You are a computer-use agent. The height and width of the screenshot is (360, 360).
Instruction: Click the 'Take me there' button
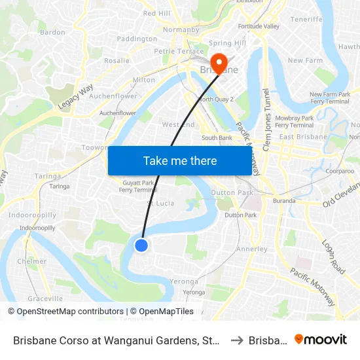click(180, 161)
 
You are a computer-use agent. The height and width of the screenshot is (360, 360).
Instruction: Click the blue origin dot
click(141, 245)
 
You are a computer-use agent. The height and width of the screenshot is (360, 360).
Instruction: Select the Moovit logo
click(321, 339)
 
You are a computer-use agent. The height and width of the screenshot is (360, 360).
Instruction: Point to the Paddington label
click(137, 39)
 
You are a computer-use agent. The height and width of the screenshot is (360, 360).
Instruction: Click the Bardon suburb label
click(52, 31)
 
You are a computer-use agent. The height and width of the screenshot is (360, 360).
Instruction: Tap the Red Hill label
click(156, 13)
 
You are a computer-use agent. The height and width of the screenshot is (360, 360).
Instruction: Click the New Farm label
click(305, 61)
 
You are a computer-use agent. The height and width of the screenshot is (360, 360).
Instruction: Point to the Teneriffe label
click(306, 20)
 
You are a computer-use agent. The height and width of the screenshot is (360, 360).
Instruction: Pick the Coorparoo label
click(339, 170)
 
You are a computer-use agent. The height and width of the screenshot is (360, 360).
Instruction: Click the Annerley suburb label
click(251, 249)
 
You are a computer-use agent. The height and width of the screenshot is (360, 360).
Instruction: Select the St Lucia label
click(160, 203)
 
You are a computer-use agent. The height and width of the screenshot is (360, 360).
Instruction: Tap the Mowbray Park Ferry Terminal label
click(295, 122)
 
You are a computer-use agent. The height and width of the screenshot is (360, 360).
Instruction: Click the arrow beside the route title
click(238, 340)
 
